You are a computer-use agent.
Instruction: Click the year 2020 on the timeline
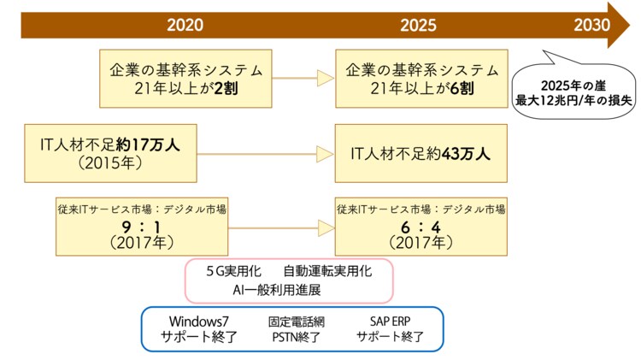185,24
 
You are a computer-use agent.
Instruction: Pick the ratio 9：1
143,227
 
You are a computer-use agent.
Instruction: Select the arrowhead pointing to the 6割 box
325,78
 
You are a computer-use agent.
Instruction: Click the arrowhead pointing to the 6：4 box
325,228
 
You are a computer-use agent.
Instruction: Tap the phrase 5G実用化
233,271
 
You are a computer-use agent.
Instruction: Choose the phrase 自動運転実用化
327,271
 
